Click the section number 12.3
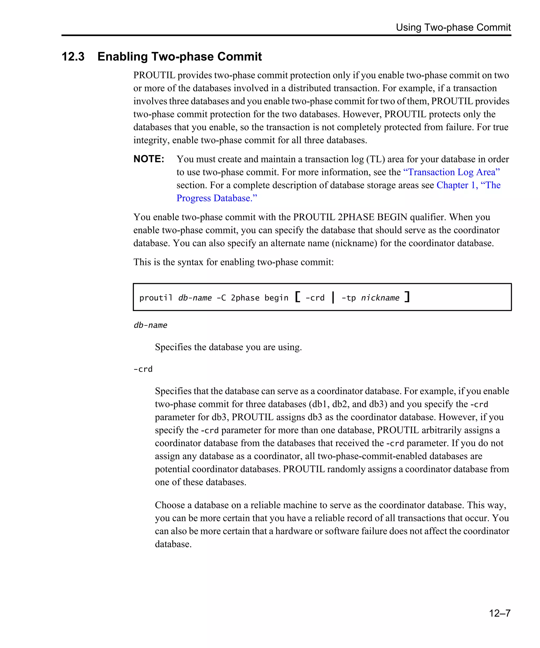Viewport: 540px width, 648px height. pyautogui.click(x=73, y=56)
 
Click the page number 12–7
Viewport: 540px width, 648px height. pyautogui.click(x=499, y=613)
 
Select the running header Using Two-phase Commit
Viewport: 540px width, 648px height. pyautogui.click(x=453, y=27)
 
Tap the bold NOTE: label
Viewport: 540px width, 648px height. pyautogui.click(x=149, y=159)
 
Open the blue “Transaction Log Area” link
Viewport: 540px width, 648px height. pyautogui.click(x=451, y=172)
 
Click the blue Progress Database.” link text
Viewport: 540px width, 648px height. pyautogui.click(x=217, y=198)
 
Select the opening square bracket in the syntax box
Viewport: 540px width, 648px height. pyautogui.click(x=297, y=297)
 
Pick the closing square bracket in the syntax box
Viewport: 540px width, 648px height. pyautogui.click(x=407, y=297)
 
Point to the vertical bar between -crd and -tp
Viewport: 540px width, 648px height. pyautogui.click(x=333, y=297)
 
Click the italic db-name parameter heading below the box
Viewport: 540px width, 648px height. pyautogui.click(x=150, y=325)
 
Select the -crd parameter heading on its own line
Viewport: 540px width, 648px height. pyautogui.click(x=143, y=369)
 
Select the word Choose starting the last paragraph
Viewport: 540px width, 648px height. pyautogui.click(x=170, y=505)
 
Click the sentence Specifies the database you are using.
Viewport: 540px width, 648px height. pyautogui.click(x=228, y=347)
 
